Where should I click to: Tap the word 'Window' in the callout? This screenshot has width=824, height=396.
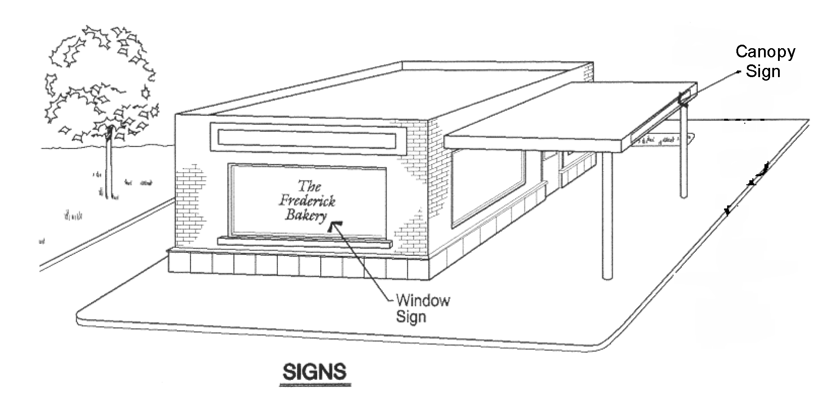click(423, 301)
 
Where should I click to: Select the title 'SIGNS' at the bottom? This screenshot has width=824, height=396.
click(315, 372)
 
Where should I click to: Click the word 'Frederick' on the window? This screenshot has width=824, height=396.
click(308, 201)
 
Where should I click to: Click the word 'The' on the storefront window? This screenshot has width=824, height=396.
click(309, 186)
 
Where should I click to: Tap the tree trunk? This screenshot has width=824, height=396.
click(108, 166)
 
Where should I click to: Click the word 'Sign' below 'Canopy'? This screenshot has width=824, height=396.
click(763, 71)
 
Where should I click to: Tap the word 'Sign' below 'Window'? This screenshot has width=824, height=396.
click(411, 316)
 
